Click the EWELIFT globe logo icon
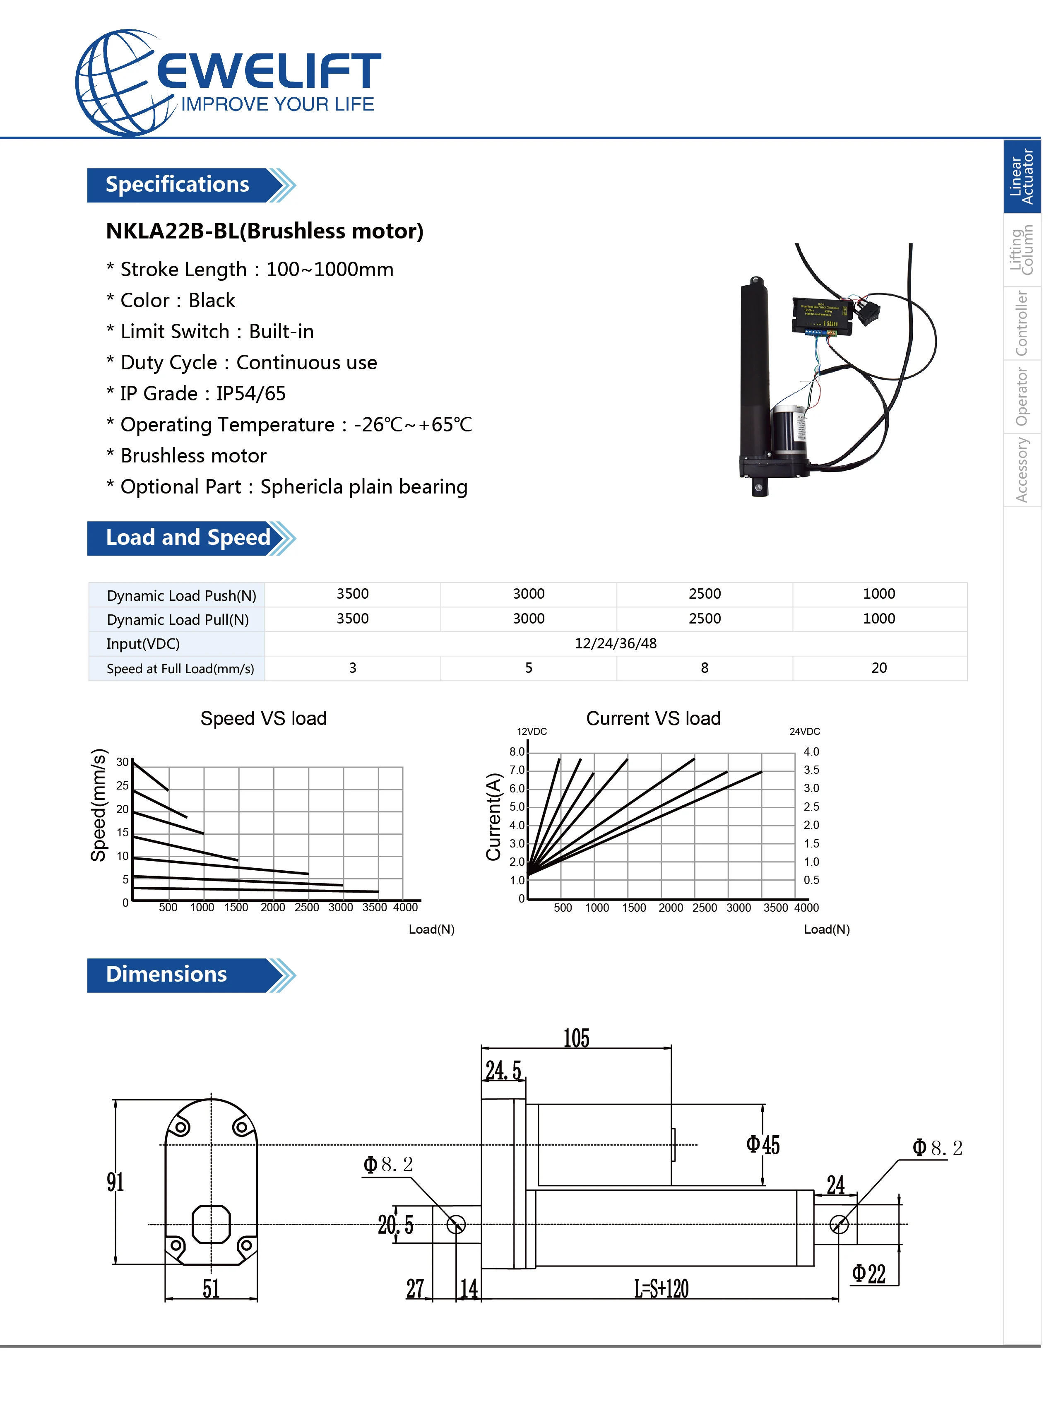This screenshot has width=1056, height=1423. point(121,83)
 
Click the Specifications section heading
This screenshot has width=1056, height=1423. point(177,185)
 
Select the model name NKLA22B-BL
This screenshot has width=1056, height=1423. point(171,231)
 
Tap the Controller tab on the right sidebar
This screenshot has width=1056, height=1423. point(1022,323)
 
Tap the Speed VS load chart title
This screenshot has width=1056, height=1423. point(263,718)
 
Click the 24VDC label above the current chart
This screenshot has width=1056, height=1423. point(804,731)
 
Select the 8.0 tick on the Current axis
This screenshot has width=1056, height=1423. point(517,752)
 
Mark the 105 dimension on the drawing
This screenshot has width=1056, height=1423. point(576,1038)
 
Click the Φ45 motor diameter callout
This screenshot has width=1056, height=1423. point(763,1144)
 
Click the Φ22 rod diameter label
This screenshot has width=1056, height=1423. point(869,1274)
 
